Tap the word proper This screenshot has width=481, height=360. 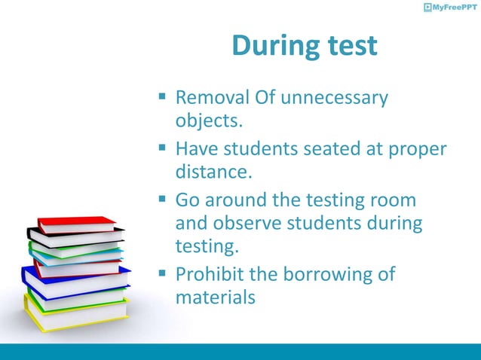(417, 151)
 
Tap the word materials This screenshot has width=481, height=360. (216, 297)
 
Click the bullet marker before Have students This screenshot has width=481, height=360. (162, 149)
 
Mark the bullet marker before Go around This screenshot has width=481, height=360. (162, 201)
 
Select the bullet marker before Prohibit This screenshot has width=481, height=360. (162, 274)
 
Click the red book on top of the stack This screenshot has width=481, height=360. (75, 223)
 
